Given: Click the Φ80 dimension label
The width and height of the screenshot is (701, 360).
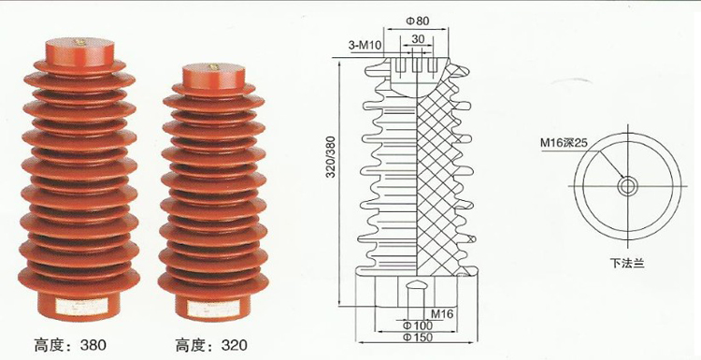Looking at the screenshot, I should tap(417, 20).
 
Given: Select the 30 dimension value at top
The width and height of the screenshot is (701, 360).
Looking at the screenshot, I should tap(417, 38).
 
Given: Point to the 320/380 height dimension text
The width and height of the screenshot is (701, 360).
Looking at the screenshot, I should tap(328, 172).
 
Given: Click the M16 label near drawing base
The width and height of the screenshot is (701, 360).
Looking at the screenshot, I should tap(442, 313).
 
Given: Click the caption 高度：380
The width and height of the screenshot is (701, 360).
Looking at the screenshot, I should tap(70, 345).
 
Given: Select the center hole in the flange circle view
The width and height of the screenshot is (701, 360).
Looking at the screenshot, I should tap(624, 186).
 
